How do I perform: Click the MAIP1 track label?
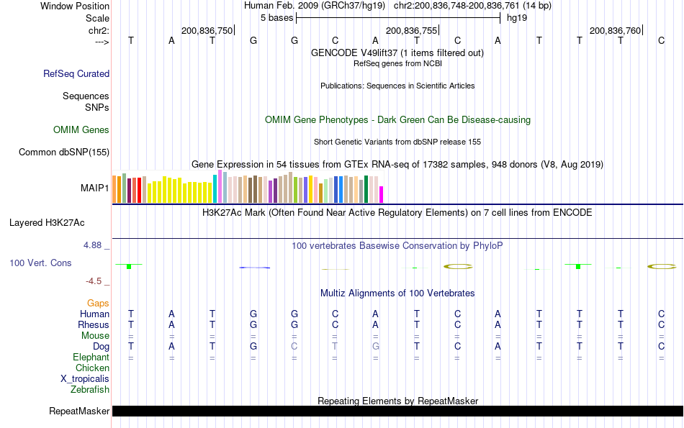point(94,188)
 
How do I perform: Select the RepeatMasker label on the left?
point(78,411)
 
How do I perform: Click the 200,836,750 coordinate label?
point(207,31)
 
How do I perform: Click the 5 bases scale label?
point(276,17)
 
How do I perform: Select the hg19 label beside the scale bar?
point(517,17)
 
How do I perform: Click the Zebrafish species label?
point(90,390)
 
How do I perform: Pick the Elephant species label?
point(91,358)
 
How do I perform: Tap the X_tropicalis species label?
point(85,379)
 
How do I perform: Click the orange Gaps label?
point(98,304)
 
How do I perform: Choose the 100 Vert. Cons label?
point(40,263)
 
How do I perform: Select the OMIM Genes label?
point(81,130)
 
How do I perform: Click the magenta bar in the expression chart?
point(382,194)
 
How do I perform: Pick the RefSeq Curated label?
point(76,73)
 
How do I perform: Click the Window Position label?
point(75,6)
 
